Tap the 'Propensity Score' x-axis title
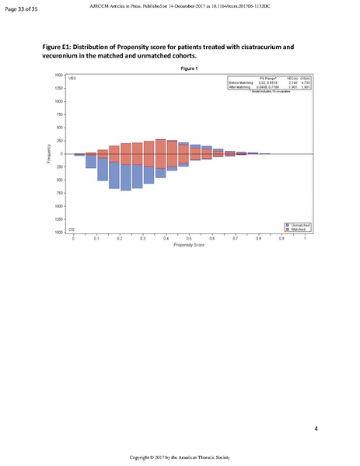190,245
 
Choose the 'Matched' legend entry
298,229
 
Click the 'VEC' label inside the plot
72,79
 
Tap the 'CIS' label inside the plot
72,229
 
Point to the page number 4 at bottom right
316,429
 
